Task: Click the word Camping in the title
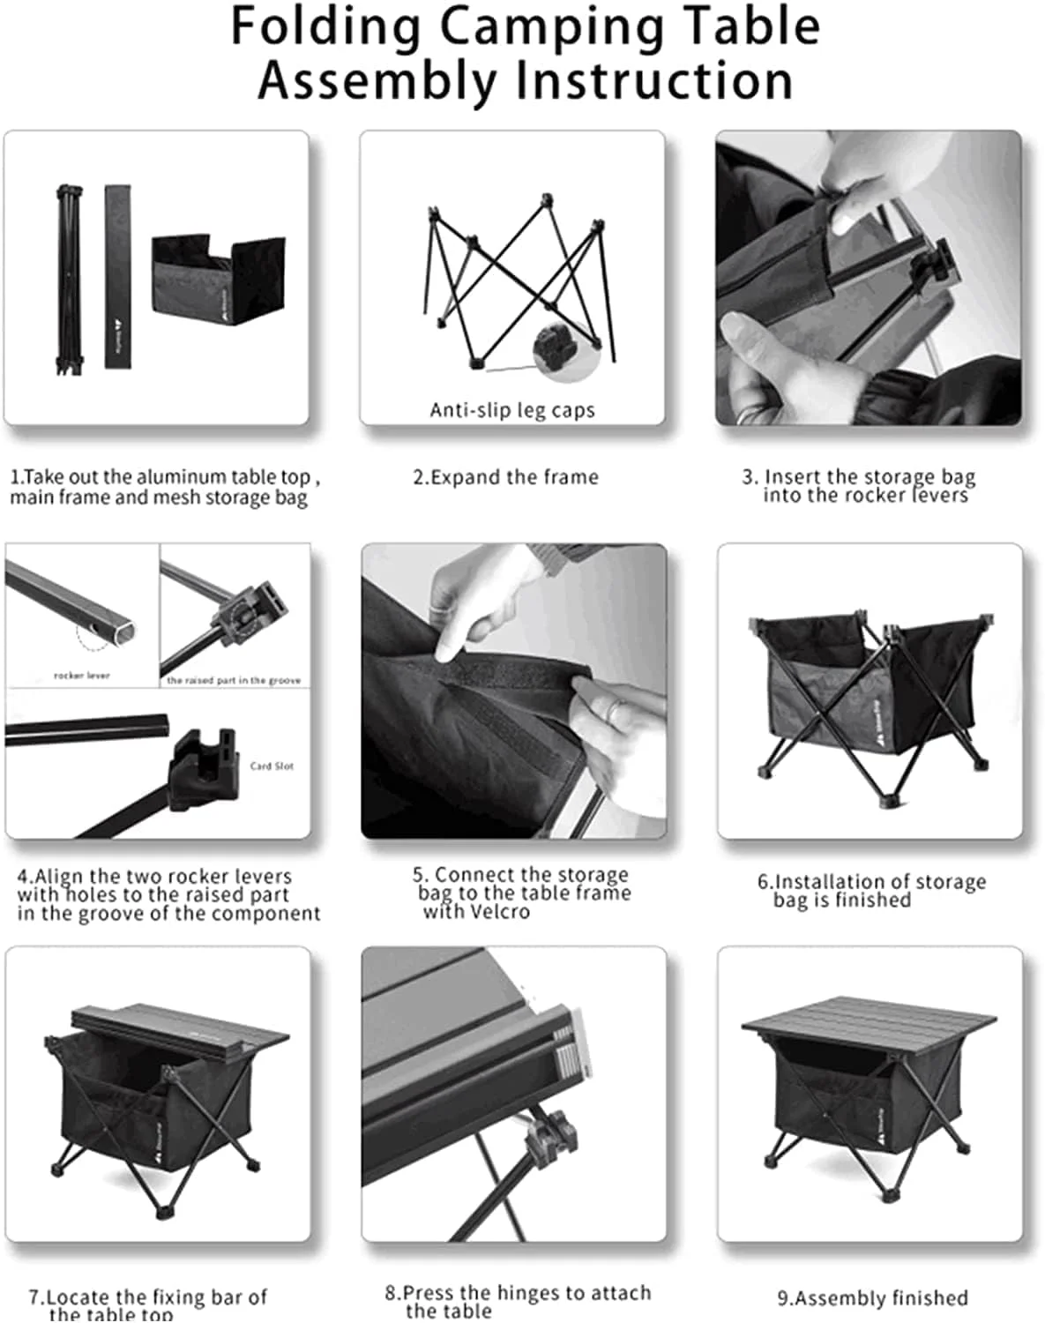pos(552,26)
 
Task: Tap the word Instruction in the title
pos(653,81)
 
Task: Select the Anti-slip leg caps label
pos(512,410)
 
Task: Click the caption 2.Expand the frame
pos(505,477)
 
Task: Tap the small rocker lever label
pos(82,676)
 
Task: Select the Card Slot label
pos(272,766)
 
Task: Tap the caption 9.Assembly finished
pos(872,1298)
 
